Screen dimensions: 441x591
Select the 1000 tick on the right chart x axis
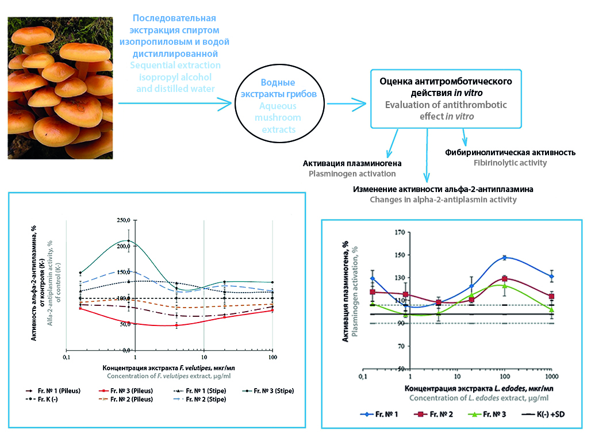coord(551,377)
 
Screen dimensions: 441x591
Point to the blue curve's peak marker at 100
coord(504,258)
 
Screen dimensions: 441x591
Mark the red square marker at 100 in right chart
coord(504,279)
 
